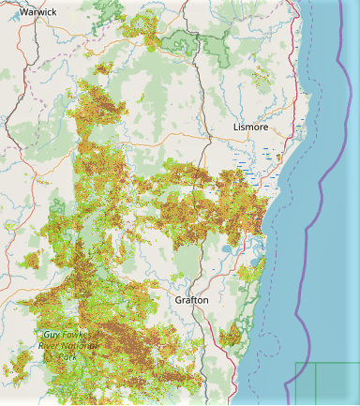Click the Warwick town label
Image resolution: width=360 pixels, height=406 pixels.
pos(37,11)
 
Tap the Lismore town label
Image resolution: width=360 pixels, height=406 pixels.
pos(250,127)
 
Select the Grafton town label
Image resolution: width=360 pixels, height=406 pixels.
pos(194,300)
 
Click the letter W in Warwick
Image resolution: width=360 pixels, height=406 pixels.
pos(22,11)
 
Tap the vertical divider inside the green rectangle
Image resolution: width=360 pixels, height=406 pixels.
pos(316,384)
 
